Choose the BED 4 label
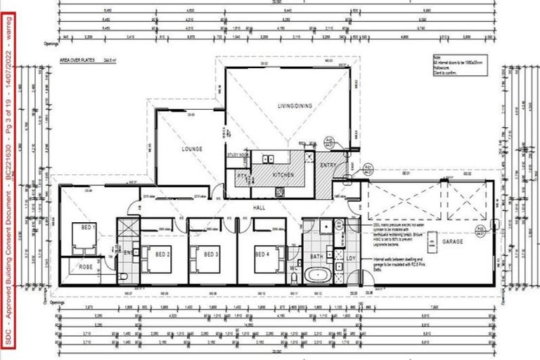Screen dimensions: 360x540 pos(262,253)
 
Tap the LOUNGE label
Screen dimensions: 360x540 pos(191,149)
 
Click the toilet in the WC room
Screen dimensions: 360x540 pos(294,278)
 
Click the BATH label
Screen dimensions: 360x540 pos(316,257)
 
